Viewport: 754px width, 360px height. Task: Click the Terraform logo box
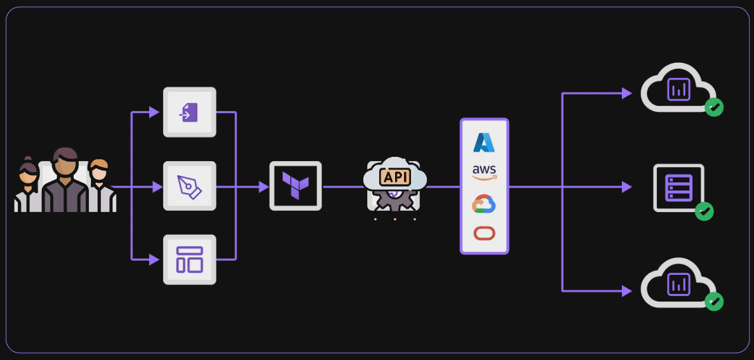[295, 185]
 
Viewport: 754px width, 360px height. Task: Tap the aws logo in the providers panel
[484, 172]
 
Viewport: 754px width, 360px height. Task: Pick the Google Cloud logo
[484, 204]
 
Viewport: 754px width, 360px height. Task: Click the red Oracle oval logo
[484, 233]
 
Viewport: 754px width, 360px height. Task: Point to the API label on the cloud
[394, 177]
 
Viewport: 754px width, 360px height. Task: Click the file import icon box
[189, 112]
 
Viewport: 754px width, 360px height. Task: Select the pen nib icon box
[189, 186]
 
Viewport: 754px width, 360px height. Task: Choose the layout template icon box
[189, 260]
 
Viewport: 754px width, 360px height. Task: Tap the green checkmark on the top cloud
[715, 107]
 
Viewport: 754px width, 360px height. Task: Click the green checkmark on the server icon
[704, 211]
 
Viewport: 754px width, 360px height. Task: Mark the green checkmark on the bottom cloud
[715, 302]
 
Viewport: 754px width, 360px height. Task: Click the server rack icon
[678, 187]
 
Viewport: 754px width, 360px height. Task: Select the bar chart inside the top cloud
[678, 90]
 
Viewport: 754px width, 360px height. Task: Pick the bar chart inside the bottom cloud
[678, 284]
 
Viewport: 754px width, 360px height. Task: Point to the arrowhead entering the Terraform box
[264, 187]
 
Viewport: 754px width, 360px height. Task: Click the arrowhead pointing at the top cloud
[626, 93]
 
